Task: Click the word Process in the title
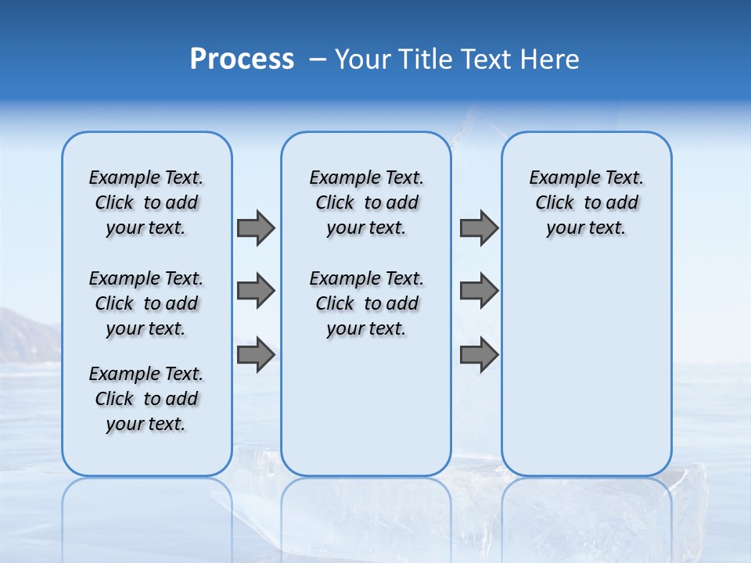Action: tap(242, 59)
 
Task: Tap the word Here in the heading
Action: tap(550, 59)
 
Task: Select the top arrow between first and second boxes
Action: tap(255, 228)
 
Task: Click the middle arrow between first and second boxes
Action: tap(255, 291)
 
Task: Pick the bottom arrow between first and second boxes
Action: tap(255, 355)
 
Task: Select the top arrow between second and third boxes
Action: tap(479, 228)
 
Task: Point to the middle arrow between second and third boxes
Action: tap(479, 291)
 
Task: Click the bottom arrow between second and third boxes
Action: tap(479, 355)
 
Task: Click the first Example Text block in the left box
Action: tap(146, 203)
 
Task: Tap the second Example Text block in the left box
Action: tap(146, 303)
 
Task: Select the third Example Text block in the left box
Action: tap(146, 399)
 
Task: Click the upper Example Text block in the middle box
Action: tap(366, 203)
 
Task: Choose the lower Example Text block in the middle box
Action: tap(366, 303)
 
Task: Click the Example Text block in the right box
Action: tap(586, 203)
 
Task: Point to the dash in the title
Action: tap(318, 60)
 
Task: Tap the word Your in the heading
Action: tap(362, 59)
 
